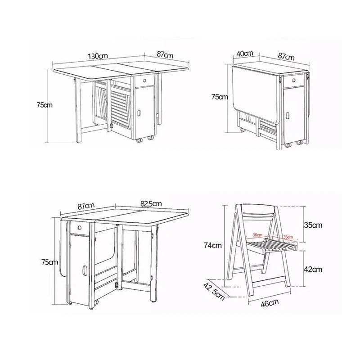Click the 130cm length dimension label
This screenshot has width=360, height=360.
point(98,56)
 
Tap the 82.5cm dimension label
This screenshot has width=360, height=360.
point(151,204)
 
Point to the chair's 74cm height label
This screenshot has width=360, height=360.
point(212,245)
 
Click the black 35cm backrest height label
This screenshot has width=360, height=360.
point(312,225)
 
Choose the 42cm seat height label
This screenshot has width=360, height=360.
point(312,269)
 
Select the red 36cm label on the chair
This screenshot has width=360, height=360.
point(257,234)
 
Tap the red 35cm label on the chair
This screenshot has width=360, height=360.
point(288,237)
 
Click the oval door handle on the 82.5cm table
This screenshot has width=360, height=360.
point(84,271)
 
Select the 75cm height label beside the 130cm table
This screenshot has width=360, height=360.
point(44,105)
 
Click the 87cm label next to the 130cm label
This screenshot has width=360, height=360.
point(165,54)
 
